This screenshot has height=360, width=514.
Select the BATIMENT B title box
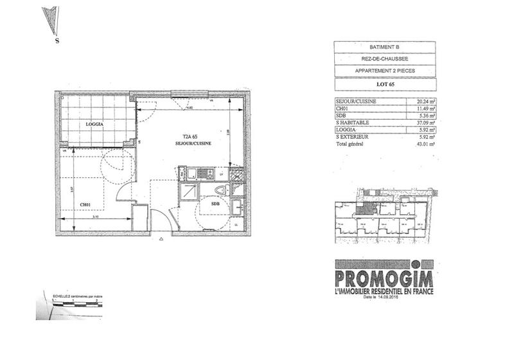pyautogui.click(x=384, y=46)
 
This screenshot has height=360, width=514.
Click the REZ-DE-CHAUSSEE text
pyautogui.click(x=384, y=59)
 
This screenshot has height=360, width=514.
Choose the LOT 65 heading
pyautogui.click(x=384, y=84)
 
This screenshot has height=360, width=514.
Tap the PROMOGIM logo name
pyautogui.click(x=384, y=279)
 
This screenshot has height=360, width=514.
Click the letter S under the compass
pyautogui.click(x=57, y=41)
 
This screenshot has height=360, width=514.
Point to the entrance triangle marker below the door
pyautogui.click(x=161, y=239)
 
